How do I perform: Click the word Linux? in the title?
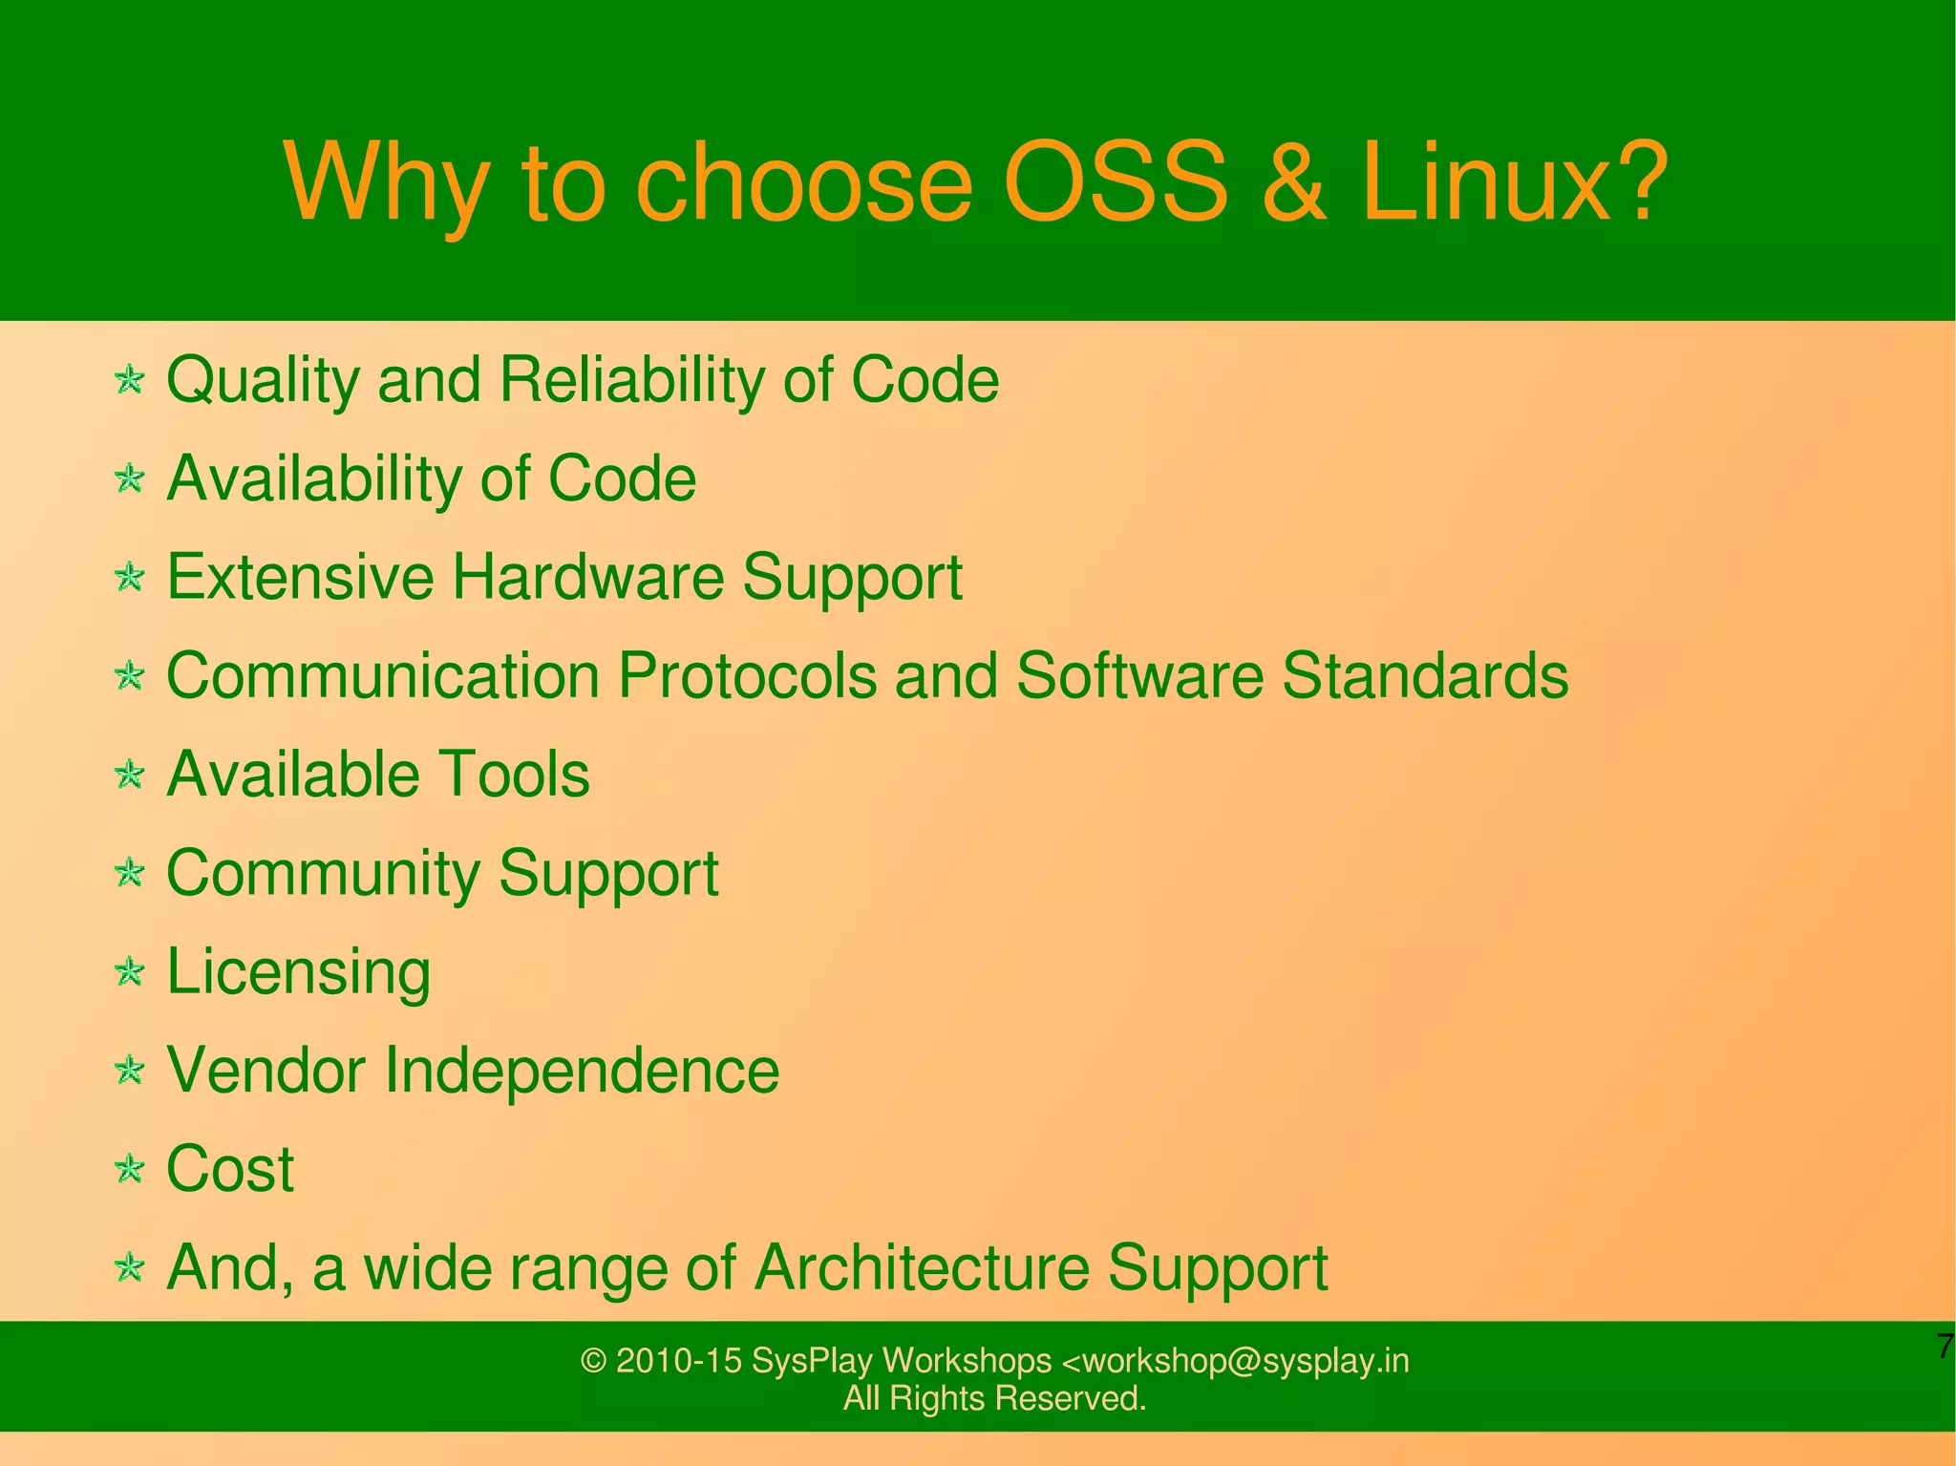click(x=1514, y=181)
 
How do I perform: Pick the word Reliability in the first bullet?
click(x=631, y=380)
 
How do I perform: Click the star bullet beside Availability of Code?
click(x=129, y=478)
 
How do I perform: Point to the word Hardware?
click(x=587, y=577)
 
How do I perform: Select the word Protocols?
click(x=746, y=676)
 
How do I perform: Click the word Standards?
click(x=1424, y=676)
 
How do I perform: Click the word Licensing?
click(x=298, y=972)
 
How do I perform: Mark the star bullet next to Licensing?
click(x=129, y=972)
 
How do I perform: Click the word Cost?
click(x=230, y=1169)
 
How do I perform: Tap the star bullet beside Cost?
click(x=129, y=1169)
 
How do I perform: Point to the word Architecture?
click(x=922, y=1267)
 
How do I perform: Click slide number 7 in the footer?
click(x=1945, y=1347)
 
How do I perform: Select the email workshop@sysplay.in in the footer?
click(x=1236, y=1360)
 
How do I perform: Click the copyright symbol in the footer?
click(x=593, y=1361)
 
